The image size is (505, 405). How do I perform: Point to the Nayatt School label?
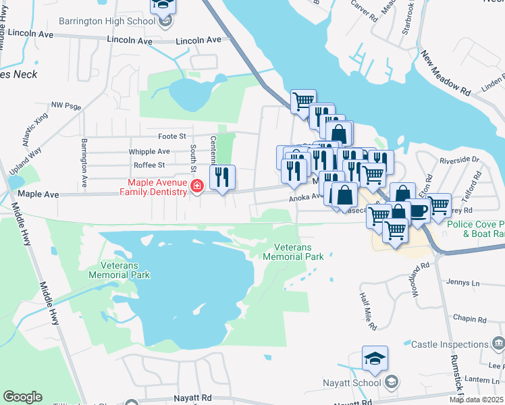pos(356,383)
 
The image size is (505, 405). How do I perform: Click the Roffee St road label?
pos(149,165)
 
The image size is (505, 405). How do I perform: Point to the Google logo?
pos(22,397)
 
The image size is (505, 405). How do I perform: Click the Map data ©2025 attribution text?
pos(476,400)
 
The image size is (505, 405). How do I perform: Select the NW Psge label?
pos(66,106)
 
